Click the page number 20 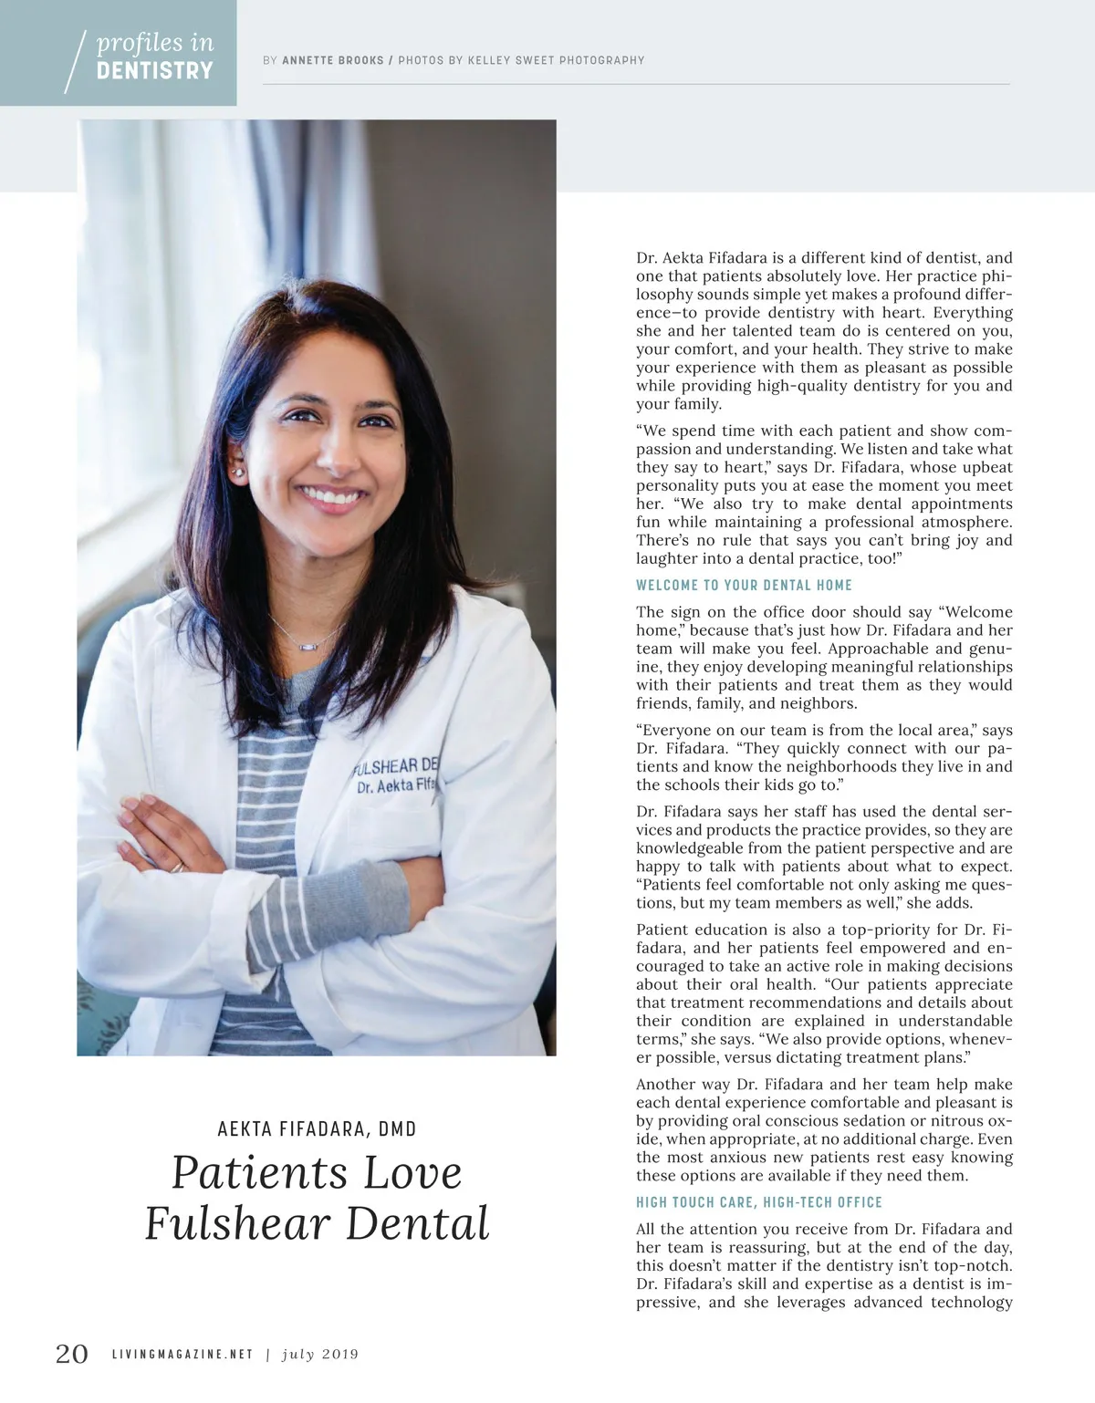(72, 1353)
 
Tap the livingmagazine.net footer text (182, 1354)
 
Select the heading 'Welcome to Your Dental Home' (744, 585)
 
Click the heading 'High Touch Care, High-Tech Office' (758, 1202)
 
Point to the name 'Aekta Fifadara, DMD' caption (317, 1129)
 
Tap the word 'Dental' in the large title (418, 1224)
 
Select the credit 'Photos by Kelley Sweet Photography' (521, 60)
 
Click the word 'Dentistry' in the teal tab (154, 71)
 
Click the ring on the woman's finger (177, 866)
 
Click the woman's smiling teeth (333, 498)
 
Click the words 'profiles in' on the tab (155, 43)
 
